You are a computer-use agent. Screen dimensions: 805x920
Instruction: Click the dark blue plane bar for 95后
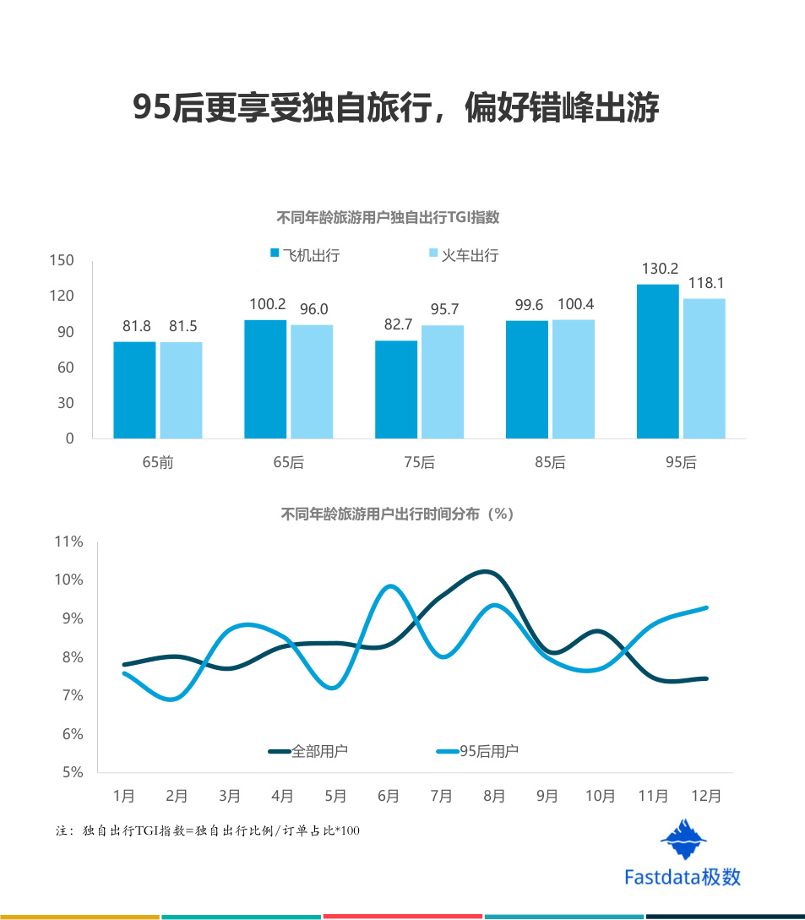pyautogui.click(x=658, y=362)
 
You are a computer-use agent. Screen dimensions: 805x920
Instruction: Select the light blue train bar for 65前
pyautogui.click(x=182, y=390)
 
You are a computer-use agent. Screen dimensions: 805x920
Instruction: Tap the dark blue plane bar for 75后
pyautogui.click(x=396, y=389)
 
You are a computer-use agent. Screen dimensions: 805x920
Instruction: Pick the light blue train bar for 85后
pyautogui.click(x=574, y=379)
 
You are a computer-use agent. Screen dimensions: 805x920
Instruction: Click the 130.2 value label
pyautogui.click(x=660, y=269)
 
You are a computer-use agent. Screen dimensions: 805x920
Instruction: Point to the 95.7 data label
pyautogui.click(x=444, y=309)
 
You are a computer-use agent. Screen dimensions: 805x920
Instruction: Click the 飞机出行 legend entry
pyautogui.click(x=305, y=255)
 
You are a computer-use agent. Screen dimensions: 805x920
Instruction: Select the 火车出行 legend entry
pyautogui.click(x=464, y=255)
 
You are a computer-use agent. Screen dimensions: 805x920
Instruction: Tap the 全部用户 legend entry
pyautogui.click(x=308, y=751)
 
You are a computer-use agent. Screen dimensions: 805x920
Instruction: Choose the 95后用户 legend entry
pyautogui.click(x=477, y=751)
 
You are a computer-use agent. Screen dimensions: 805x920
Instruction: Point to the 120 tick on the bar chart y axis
pyautogui.click(x=62, y=296)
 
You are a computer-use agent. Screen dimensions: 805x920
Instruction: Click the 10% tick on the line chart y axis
pyautogui.click(x=68, y=580)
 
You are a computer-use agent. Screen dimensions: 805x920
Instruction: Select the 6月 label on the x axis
pyautogui.click(x=389, y=796)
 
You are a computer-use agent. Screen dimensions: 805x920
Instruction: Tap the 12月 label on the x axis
pyautogui.click(x=706, y=796)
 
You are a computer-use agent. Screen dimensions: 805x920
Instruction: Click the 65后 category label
pyautogui.click(x=289, y=462)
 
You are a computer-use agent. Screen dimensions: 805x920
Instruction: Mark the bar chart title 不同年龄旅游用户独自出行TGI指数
pyautogui.click(x=388, y=218)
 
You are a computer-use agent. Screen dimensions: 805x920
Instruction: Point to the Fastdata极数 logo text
pyautogui.click(x=683, y=877)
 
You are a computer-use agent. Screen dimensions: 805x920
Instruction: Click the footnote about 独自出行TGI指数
pyautogui.click(x=208, y=830)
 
